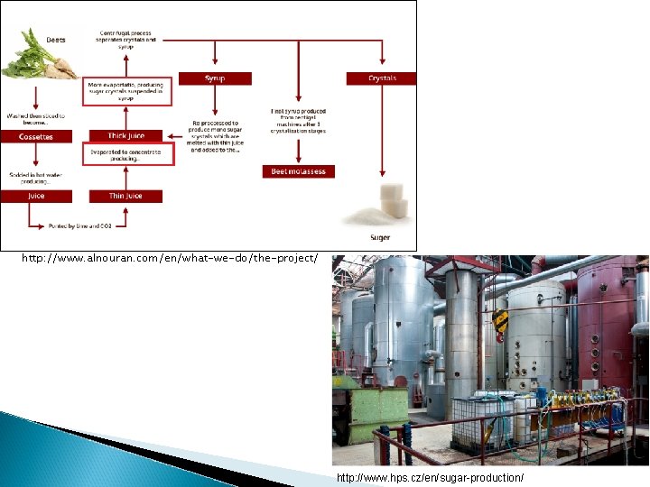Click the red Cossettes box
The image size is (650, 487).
pos(36,137)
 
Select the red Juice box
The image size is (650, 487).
pos(36,196)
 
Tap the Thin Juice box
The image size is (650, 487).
pos(125,196)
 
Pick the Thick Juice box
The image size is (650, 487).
pos(125,136)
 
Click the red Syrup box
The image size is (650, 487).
pos(215,78)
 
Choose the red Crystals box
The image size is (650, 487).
pos(382,78)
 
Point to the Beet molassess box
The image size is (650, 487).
pos(299,171)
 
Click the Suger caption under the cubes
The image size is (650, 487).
pos(379,238)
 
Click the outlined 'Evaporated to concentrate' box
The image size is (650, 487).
pos(125,155)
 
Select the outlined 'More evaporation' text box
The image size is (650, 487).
pos(125,90)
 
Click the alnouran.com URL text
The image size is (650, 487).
pos(170,259)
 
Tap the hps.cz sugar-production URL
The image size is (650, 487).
pos(430,476)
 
